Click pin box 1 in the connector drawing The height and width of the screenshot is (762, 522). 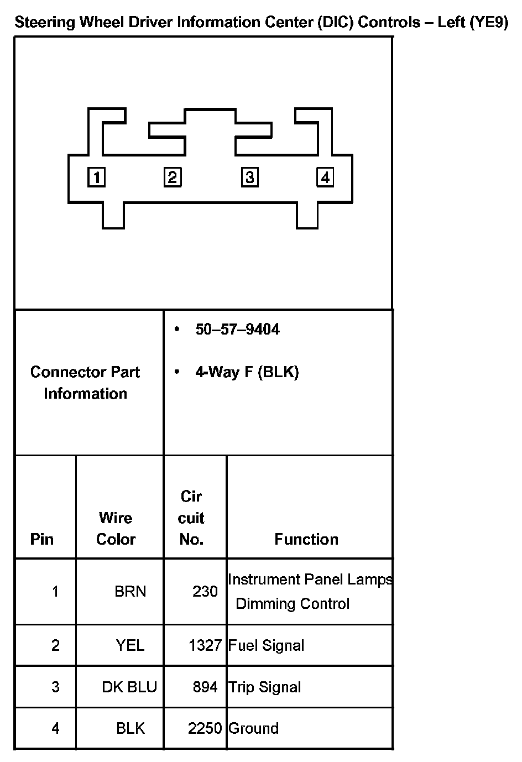pyautogui.click(x=97, y=178)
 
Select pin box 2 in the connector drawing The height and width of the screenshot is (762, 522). pyautogui.click(x=173, y=178)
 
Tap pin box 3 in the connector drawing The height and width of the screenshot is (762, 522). pyautogui.click(x=250, y=178)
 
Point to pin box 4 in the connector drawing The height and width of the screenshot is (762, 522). pyautogui.click(x=325, y=178)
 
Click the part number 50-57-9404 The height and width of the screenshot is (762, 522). pyautogui.click(x=237, y=330)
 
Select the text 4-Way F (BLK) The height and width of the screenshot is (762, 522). pyautogui.click(x=247, y=372)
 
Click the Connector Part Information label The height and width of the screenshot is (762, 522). pyautogui.click(x=85, y=383)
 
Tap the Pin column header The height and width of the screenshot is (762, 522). pyautogui.click(x=42, y=539)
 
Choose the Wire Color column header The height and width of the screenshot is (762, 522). pyautogui.click(x=116, y=529)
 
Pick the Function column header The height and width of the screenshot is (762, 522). pyautogui.click(x=306, y=539)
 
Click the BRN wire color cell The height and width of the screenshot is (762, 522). pyautogui.click(x=130, y=592)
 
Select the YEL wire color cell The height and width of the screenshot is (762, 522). pyautogui.click(x=130, y=645)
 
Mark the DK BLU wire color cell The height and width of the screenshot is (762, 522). pyautogui.click(x=129, y=687)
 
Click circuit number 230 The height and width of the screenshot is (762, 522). pyautogui.click(x=205, y=592)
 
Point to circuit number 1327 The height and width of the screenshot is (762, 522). pyautogui.click(x=205, y=645)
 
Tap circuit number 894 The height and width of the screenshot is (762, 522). pyautogui.click(x=205, y=687)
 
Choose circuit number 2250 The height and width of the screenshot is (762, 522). pyautogui.click(x=205, y=729)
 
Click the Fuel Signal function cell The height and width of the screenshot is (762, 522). pyautogui.click(x=266, y=645)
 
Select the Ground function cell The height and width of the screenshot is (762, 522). pyautogui.click(x=253, y=729)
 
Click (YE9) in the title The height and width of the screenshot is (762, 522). pyautogui.click(x=489, y=23)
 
